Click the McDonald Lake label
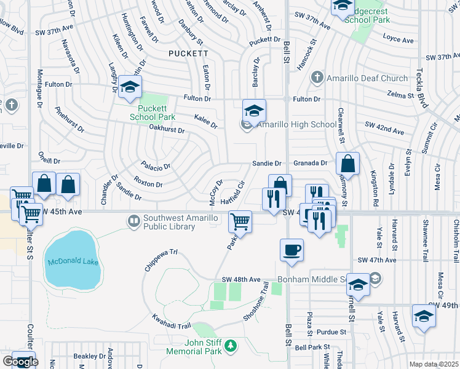[73, 263]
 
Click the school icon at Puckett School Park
[130, 87]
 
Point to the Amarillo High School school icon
[254, 111]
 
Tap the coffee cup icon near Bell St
[291, 250]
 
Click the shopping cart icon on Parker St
[240, 222]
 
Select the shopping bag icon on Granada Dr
[347, 164]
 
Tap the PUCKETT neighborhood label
[188, 54]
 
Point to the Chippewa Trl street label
[161, 252]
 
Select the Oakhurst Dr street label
[167, 130]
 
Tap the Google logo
[20, 361]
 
